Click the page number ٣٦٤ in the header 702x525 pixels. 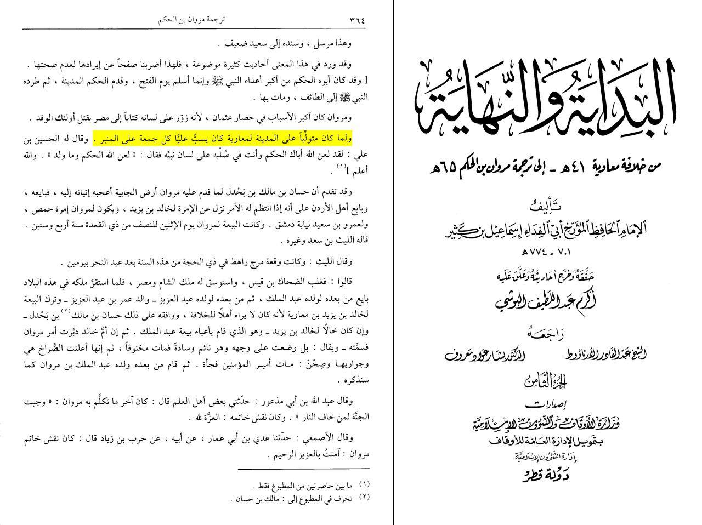(356, 20)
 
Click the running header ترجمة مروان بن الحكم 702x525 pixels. (191, 20)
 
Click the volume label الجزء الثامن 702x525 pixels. (548, 382)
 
